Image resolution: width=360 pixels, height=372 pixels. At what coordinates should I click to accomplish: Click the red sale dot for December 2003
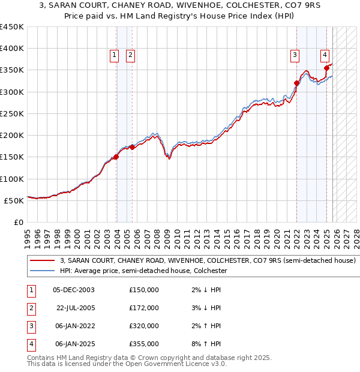pyautogui.click(x=116, y=157)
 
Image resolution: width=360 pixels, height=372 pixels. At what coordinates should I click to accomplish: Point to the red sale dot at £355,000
pyautogui.click(x=326, y=68)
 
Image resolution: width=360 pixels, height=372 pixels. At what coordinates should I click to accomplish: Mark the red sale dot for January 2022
pyautogui.click(x=297, y=83)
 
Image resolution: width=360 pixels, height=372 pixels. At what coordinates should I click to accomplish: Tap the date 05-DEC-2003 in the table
pyautogui.click(x=74, y=290)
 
